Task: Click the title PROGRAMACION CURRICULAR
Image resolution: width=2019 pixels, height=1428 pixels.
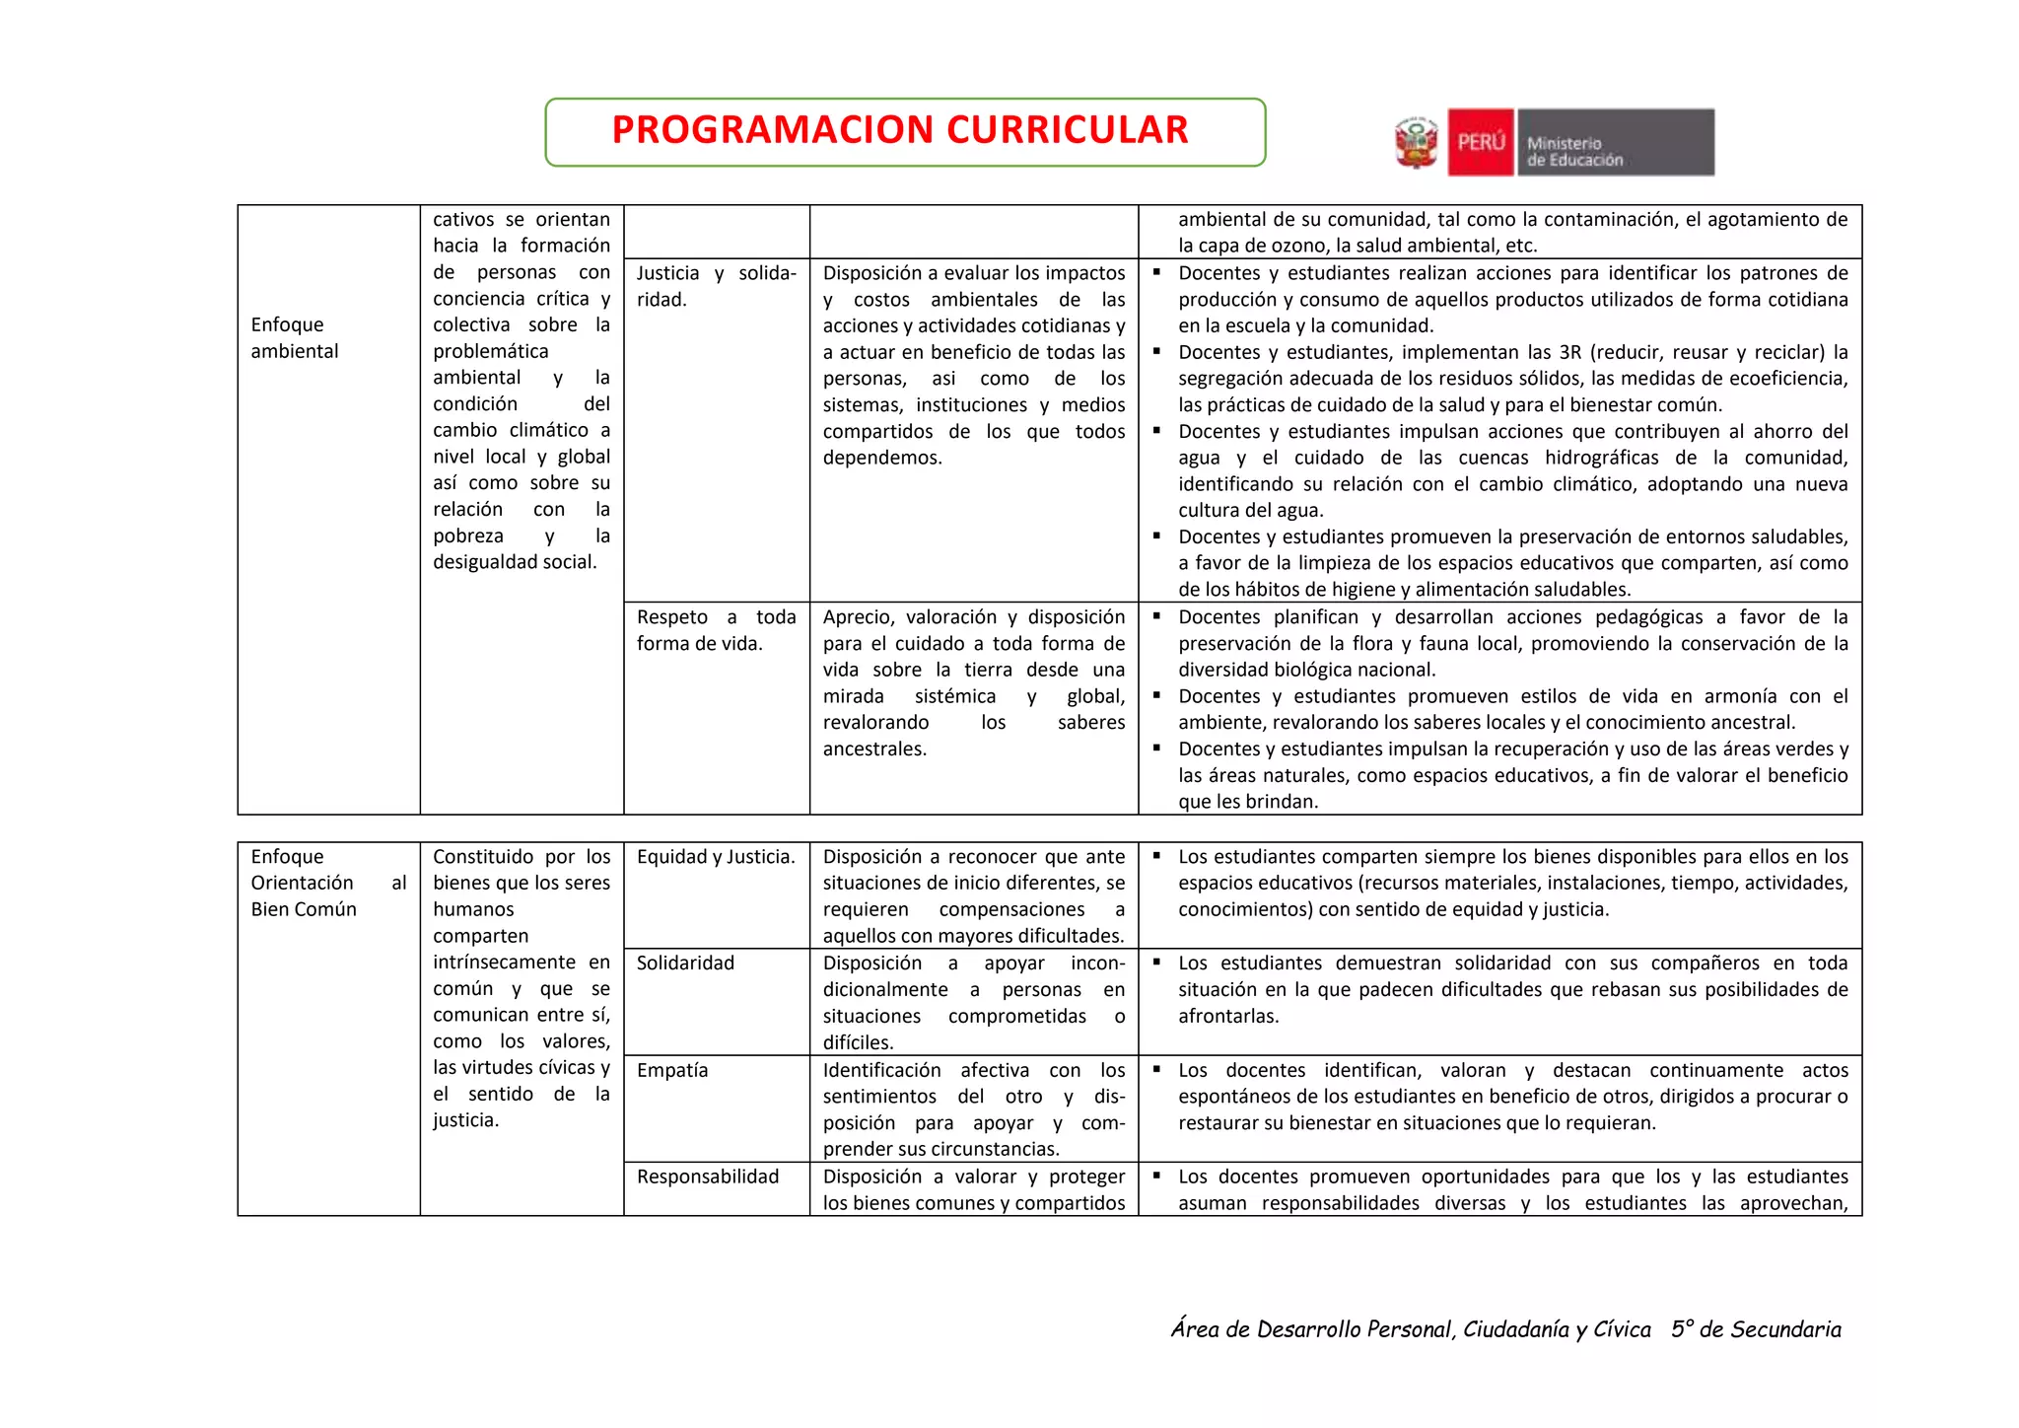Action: tap(900, 130)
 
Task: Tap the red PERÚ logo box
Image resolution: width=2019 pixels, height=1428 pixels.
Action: tap(1481, 143)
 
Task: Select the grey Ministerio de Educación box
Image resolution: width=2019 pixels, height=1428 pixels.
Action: tap(1615, 143)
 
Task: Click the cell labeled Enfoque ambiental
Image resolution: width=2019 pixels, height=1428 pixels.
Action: tap(295, 338)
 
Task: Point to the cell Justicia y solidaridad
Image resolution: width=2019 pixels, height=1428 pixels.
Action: tap(716, 286)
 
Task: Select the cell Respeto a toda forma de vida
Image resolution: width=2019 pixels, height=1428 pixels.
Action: tap(716, 630)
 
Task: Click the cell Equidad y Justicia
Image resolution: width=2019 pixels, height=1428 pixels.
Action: tap(716, 857)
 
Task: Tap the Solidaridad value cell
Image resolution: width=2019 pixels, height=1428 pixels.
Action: tap(685, 964)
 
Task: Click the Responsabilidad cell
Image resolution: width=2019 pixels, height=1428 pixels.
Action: tap(708, 1177)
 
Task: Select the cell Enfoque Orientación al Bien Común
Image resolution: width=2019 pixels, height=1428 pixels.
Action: tap(327, 883)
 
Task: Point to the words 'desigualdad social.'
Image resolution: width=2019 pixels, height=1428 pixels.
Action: tap(515, 562)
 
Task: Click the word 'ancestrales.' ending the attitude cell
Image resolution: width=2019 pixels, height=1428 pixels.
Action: tap(874, 750)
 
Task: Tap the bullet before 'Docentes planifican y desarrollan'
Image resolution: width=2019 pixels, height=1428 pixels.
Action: tap(1157, 616)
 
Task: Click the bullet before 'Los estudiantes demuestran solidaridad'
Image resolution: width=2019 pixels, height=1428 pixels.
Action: tap(1157, 963)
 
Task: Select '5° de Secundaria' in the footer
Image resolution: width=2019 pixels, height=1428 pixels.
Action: tap(1756, 1329)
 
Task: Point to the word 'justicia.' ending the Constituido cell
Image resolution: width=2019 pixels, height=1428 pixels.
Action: tap(465, 1121)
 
